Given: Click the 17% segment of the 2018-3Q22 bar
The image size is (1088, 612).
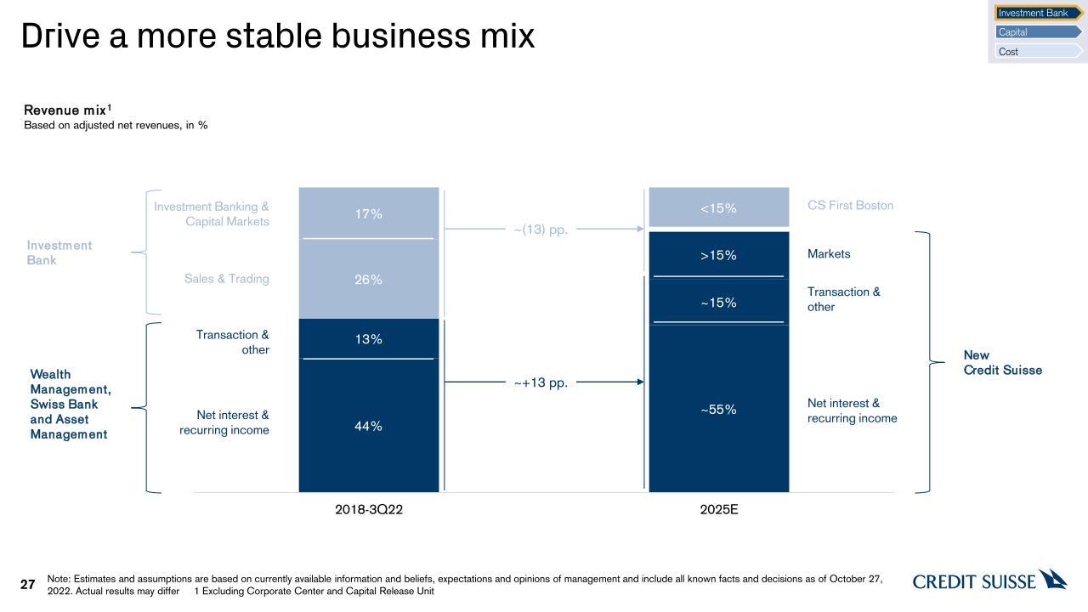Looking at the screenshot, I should (x=369, y=213).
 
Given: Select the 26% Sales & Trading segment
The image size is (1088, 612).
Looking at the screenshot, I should (x=369, y=279).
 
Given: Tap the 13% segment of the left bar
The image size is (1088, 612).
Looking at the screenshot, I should (x=369, y=339).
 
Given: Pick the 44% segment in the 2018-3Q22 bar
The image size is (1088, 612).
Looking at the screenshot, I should (x=369, y=426).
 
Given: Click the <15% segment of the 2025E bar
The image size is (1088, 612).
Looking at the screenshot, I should (x=718, y=207).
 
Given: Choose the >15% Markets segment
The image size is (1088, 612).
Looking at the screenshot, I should (x=718, y=255).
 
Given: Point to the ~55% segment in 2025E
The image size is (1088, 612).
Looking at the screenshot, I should (x=718, y=409).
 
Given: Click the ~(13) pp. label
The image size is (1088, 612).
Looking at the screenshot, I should (x=541, y=229).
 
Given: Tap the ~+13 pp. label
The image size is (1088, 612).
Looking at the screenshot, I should (x=541, y=383).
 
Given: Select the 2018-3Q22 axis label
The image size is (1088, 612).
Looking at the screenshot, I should (x=369, y=511).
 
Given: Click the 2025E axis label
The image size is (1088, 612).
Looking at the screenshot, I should (x=718, y=511).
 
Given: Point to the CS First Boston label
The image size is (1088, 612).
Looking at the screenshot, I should (x=850, y=206).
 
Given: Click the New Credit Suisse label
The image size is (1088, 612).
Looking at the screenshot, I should (x=1002, y=363).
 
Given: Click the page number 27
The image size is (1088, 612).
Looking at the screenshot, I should (x=28, y=585).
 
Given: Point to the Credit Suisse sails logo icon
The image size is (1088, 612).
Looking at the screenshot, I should (x=1053, y=579).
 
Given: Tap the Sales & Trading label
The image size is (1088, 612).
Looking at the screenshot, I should (x=226, y=279).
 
